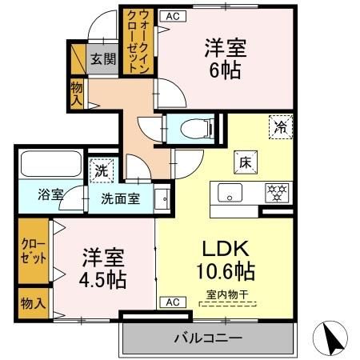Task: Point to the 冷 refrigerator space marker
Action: [x=281, y=126]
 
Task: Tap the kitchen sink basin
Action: [x=230, y=194]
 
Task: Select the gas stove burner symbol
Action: [x=277, y=193]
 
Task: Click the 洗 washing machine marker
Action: [x=101, y=170]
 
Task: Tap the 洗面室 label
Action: [x=121, y=198]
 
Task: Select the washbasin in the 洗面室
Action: [x=163, y=198]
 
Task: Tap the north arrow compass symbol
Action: [x=335, y=339]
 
